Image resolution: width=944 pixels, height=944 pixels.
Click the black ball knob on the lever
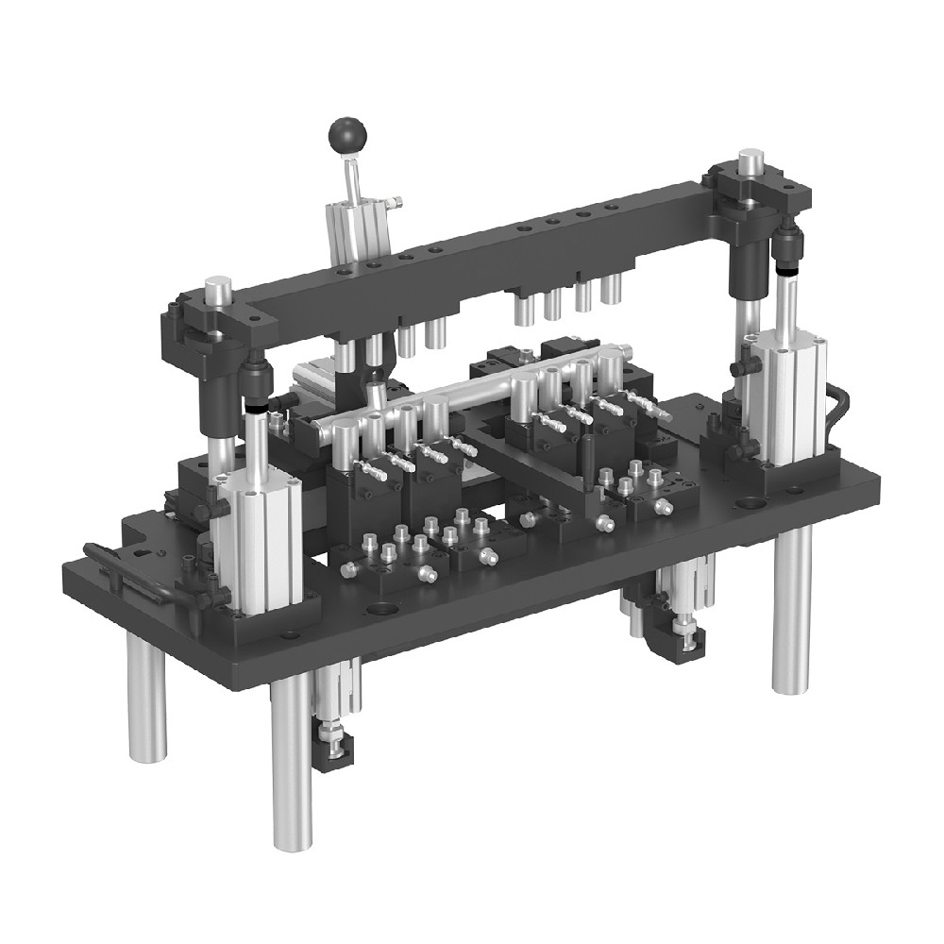[346, 134]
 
